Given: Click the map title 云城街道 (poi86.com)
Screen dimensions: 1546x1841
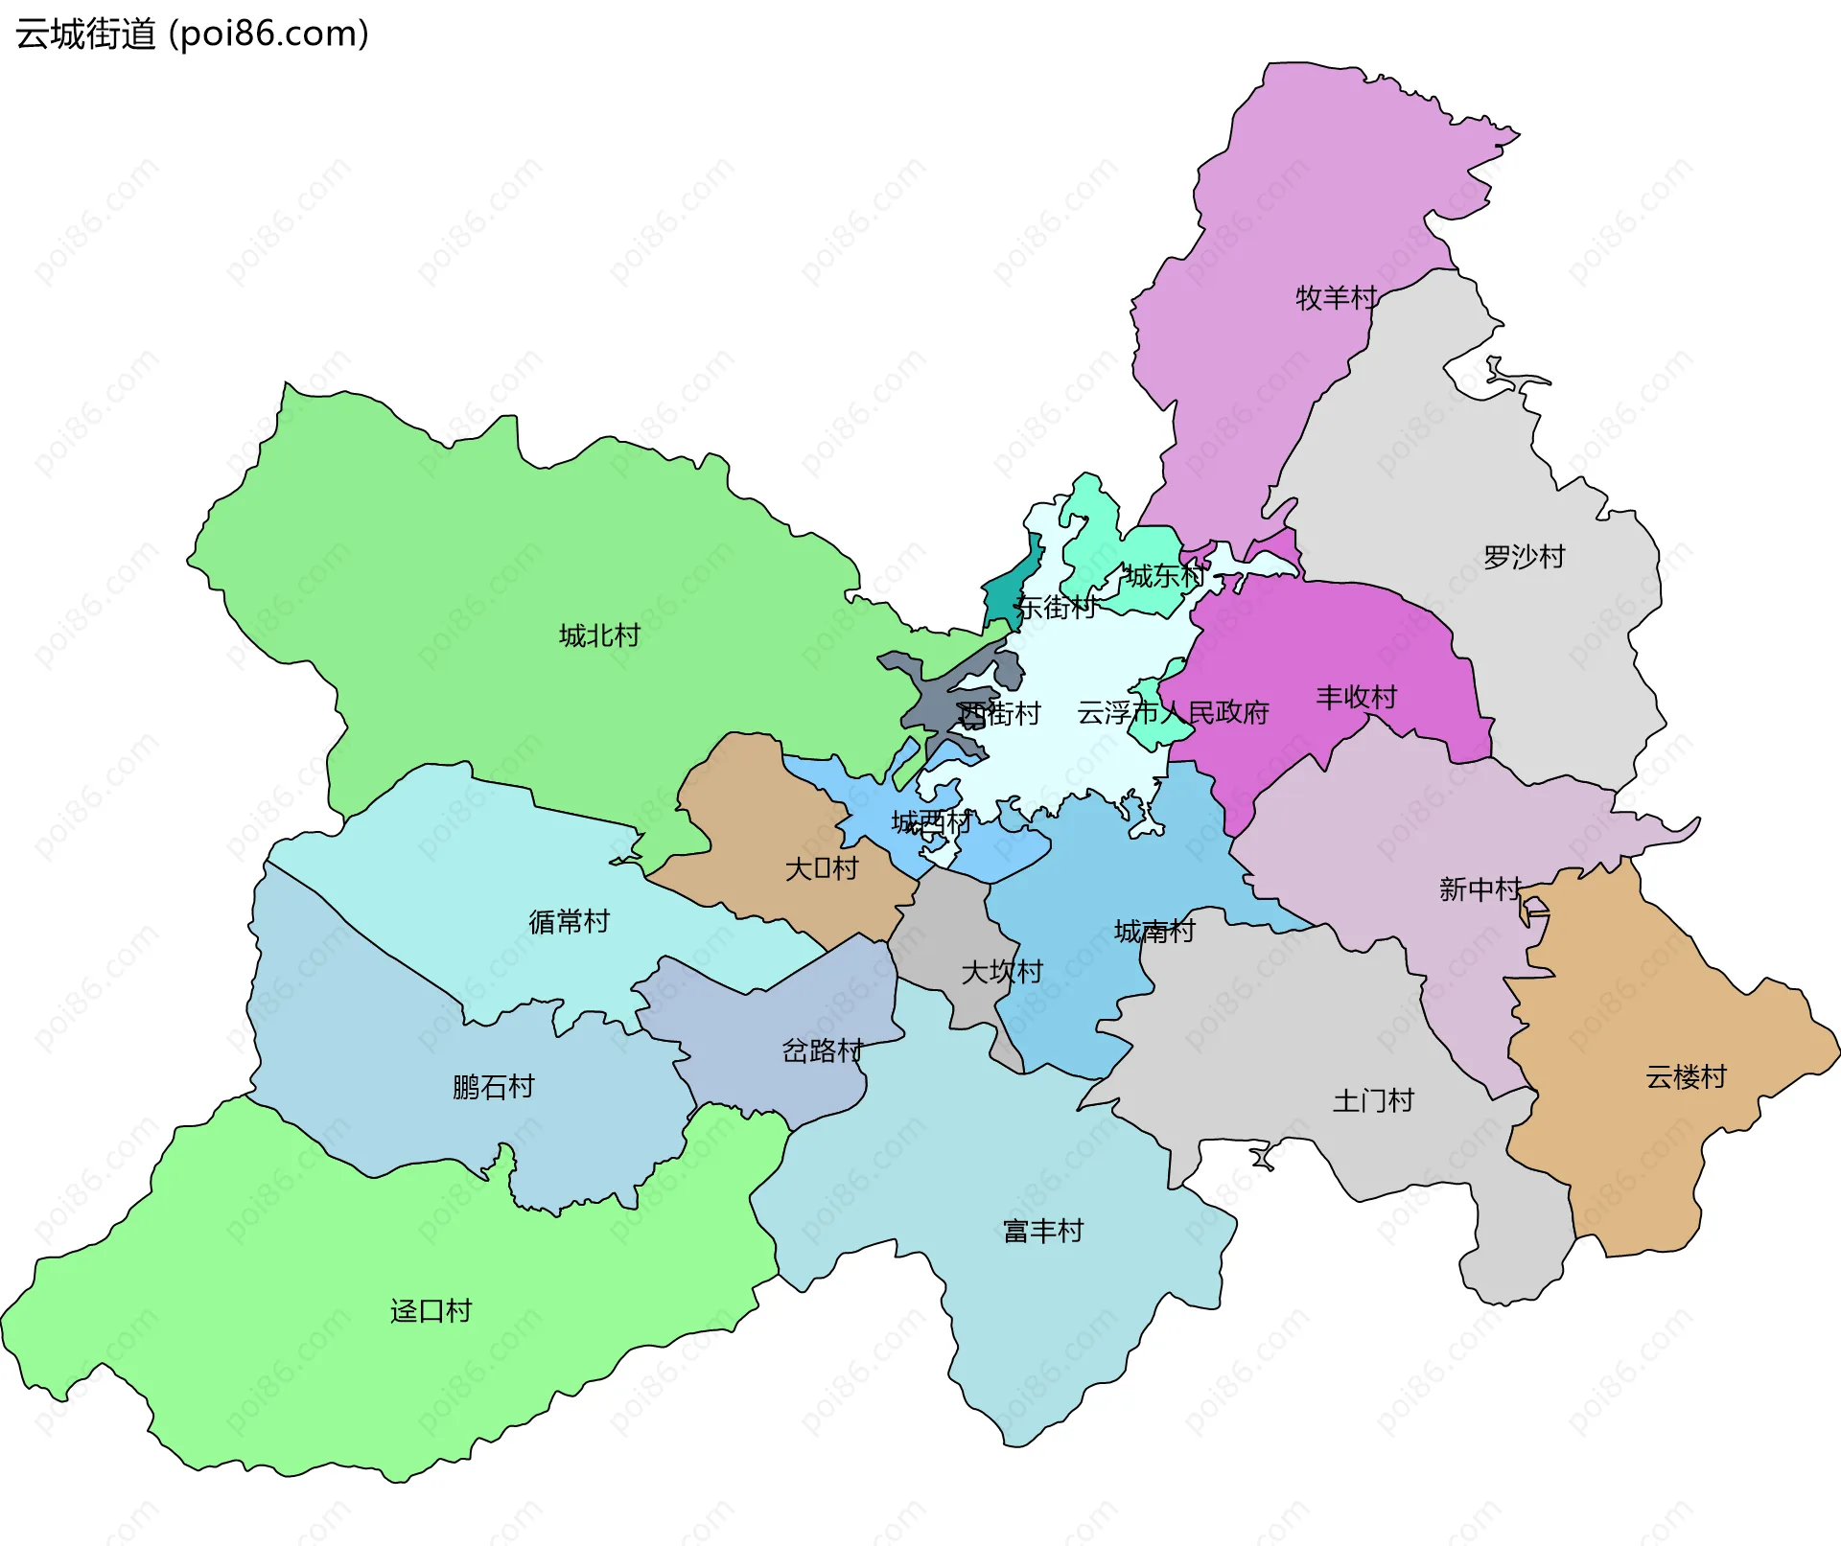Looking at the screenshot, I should click(192, 35).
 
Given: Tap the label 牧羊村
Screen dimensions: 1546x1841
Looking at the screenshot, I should click(1336, 298).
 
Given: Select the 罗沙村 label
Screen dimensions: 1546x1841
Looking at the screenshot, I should click(1524, 557).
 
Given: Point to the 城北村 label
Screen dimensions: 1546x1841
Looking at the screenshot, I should click(599, 635).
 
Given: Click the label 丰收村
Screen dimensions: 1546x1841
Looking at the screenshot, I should click(1356, 697).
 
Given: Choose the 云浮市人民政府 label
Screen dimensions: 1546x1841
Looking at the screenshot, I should click(1173, 712).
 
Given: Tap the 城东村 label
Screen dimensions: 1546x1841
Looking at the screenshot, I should click(1164, 576).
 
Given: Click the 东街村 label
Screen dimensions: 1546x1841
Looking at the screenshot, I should click(1056, 607).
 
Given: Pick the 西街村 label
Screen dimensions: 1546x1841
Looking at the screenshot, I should click(1000, 713).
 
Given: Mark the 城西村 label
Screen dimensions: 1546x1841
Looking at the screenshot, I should click(931, 821).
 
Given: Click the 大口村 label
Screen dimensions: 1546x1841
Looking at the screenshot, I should click(822, 868).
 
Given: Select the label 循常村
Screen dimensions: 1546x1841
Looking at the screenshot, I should click(569, 921).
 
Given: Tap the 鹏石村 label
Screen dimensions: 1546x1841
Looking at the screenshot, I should click(493, 1087).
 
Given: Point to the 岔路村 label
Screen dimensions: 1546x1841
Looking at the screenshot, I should click(823, 1050).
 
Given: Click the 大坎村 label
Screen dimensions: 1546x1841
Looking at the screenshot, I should click(1001, 972).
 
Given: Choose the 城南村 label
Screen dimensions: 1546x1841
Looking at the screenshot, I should click(1154, 931).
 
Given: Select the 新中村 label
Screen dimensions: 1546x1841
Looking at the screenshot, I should click(1480, 889).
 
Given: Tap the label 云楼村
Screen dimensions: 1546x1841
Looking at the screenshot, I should click(1686, 1076).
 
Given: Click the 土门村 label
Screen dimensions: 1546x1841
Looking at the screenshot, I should click(1373, 1100).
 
